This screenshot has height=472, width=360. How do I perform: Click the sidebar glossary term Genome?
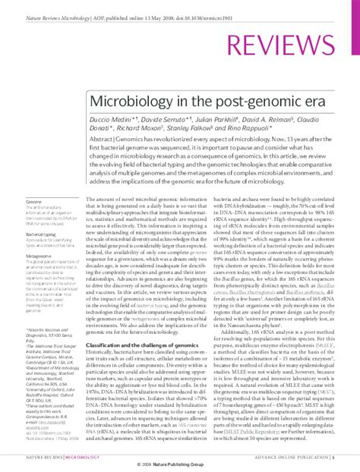(33, 201)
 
